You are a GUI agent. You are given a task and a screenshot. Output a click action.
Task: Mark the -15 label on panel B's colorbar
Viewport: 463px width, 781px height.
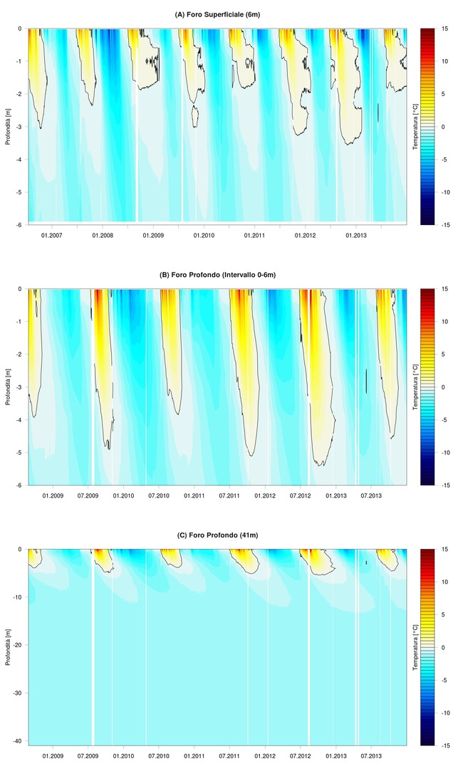pos(443,486)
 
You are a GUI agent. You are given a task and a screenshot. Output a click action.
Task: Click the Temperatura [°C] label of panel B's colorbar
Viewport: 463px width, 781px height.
pos(416,387)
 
